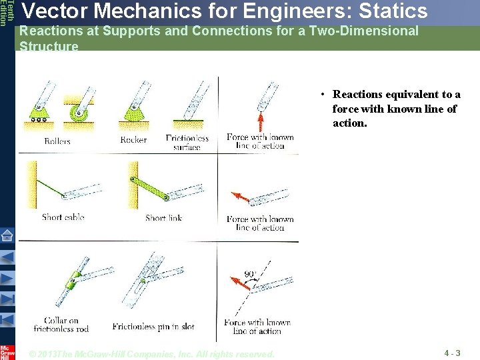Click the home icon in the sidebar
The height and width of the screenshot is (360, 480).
pyautogui.click(x=7, y=235)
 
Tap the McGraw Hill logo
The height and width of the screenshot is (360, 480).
pyautogui.click(x=7, y=352)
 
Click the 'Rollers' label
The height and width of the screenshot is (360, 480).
pyautogui.click(x=57, y=141)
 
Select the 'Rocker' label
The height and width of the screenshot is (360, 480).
pyautogui.click(x=133, y=140)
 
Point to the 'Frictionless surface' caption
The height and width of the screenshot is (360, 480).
pyautogui.click(x=187, y=143)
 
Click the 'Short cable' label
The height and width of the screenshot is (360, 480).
pyautogui.click(x=63, y=217)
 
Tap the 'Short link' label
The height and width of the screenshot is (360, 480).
pyautogui.click(x=163, y=217)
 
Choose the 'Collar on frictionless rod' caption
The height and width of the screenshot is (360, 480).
pyautogui.click(x=61, y=325)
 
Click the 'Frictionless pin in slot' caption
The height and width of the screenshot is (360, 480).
pyautogui.click(x=153, y=327)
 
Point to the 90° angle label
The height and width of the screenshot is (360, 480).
pyautogui.click(x=250, y=274)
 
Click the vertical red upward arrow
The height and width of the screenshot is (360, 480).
pyautogui.click(x=261, y=122)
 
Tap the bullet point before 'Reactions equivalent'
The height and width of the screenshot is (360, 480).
pyautogui.click(x=321, y=95)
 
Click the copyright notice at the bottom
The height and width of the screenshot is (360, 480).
pyautogui.click(x=152, y=354)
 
